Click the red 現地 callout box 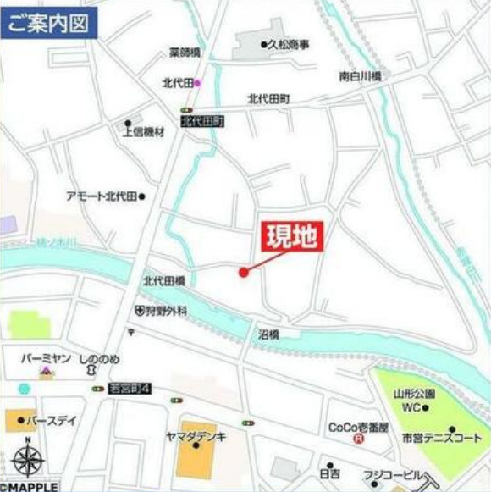point(290,235)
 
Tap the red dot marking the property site point(244,272)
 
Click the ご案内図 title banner point(48,23)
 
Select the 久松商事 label point(289,44)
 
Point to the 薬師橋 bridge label point(185,53)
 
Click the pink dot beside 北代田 point(197,83)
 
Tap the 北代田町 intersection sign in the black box point(203,122)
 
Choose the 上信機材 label point(143,132)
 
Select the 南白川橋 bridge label point(360,76)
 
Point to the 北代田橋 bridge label point(163,280)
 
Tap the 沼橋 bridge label point(268,335)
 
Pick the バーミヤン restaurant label point(47,359)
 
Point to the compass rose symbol point(28,460)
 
